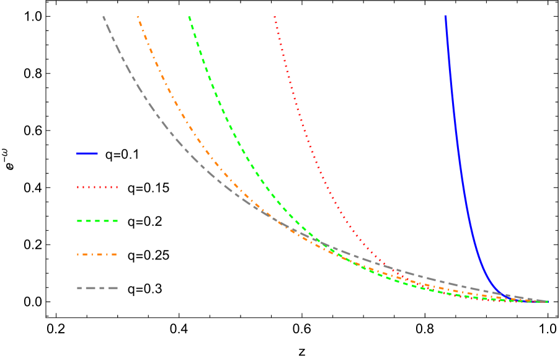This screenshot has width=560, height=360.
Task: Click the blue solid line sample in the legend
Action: [87, 153]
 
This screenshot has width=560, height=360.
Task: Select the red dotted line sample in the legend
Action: [97, 187]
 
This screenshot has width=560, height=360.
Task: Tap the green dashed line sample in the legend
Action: [97, 221]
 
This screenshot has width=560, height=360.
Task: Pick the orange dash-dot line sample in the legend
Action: [97, 254]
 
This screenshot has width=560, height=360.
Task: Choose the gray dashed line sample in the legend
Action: [97, 288]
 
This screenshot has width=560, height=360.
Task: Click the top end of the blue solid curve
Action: [445, 17]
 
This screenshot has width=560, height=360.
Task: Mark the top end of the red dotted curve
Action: [275, 17]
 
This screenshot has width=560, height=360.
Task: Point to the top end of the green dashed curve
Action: [189, 17]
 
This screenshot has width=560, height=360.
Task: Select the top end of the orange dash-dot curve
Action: [138, 17]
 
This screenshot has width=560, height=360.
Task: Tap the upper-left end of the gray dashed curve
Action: [104, 17]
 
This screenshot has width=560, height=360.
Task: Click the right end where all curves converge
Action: [547, 302]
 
